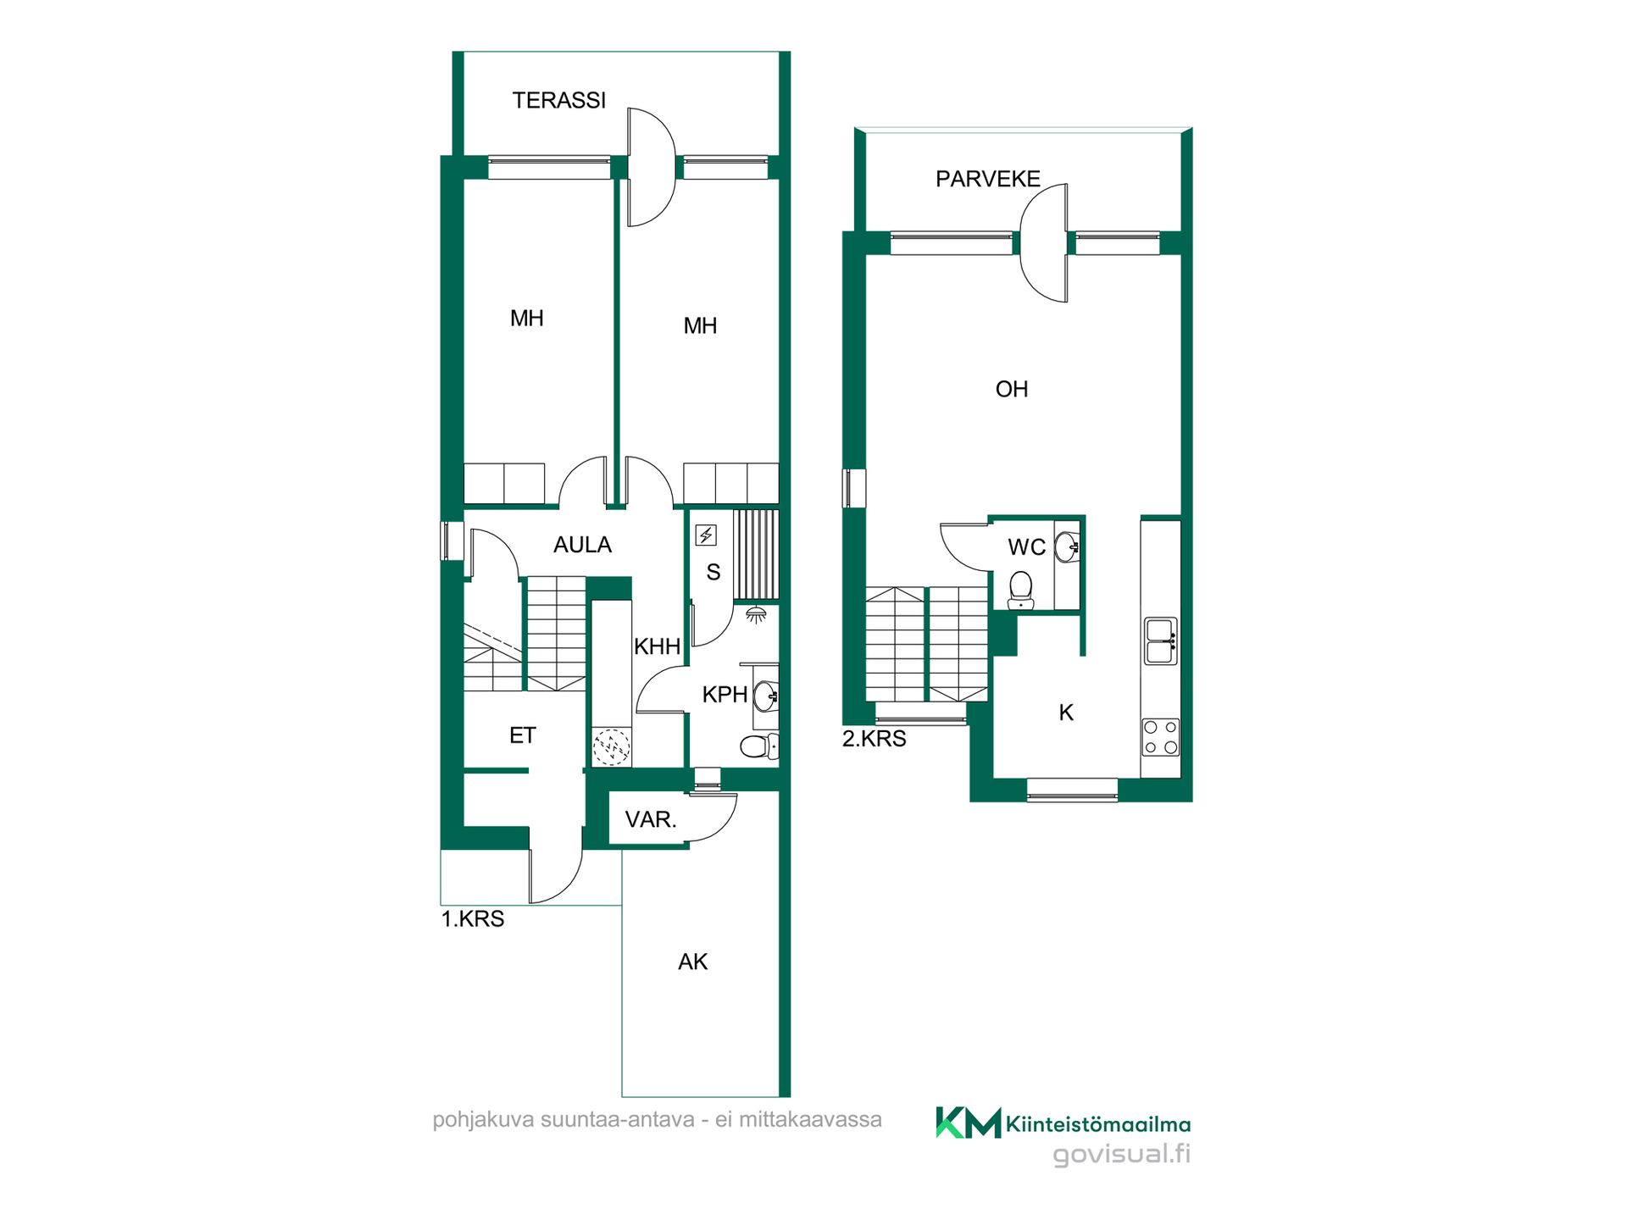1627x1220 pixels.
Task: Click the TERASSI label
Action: coord(559,100)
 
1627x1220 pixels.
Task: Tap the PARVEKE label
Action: coord(988,179)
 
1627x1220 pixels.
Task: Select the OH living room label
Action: coord(1012,389)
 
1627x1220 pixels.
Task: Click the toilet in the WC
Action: coord(1021,590)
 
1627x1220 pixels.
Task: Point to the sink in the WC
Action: coord(1068,546)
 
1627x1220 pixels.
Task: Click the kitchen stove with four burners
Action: coord(1161,737)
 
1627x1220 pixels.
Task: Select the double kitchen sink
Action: coord(1161,641)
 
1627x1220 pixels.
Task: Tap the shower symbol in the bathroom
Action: coord(756,615)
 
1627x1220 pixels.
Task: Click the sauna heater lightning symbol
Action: coord(706,535)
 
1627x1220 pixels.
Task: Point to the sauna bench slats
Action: coord(756,555)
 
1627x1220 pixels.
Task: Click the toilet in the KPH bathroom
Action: coord(759,746)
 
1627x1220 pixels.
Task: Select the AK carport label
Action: coord(693,962)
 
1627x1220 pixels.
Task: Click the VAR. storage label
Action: coord(651,819)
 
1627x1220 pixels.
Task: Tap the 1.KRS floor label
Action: coord(473,919)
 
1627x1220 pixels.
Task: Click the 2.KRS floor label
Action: coord(875,739)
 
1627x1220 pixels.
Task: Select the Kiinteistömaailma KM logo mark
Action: coord(969,1123)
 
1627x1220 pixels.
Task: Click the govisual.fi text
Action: coord(1122,1154)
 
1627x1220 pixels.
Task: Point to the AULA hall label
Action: coord(582,545)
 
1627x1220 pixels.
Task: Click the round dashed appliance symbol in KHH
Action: coord(611,748)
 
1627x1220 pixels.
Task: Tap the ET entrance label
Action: coord(523,735)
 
